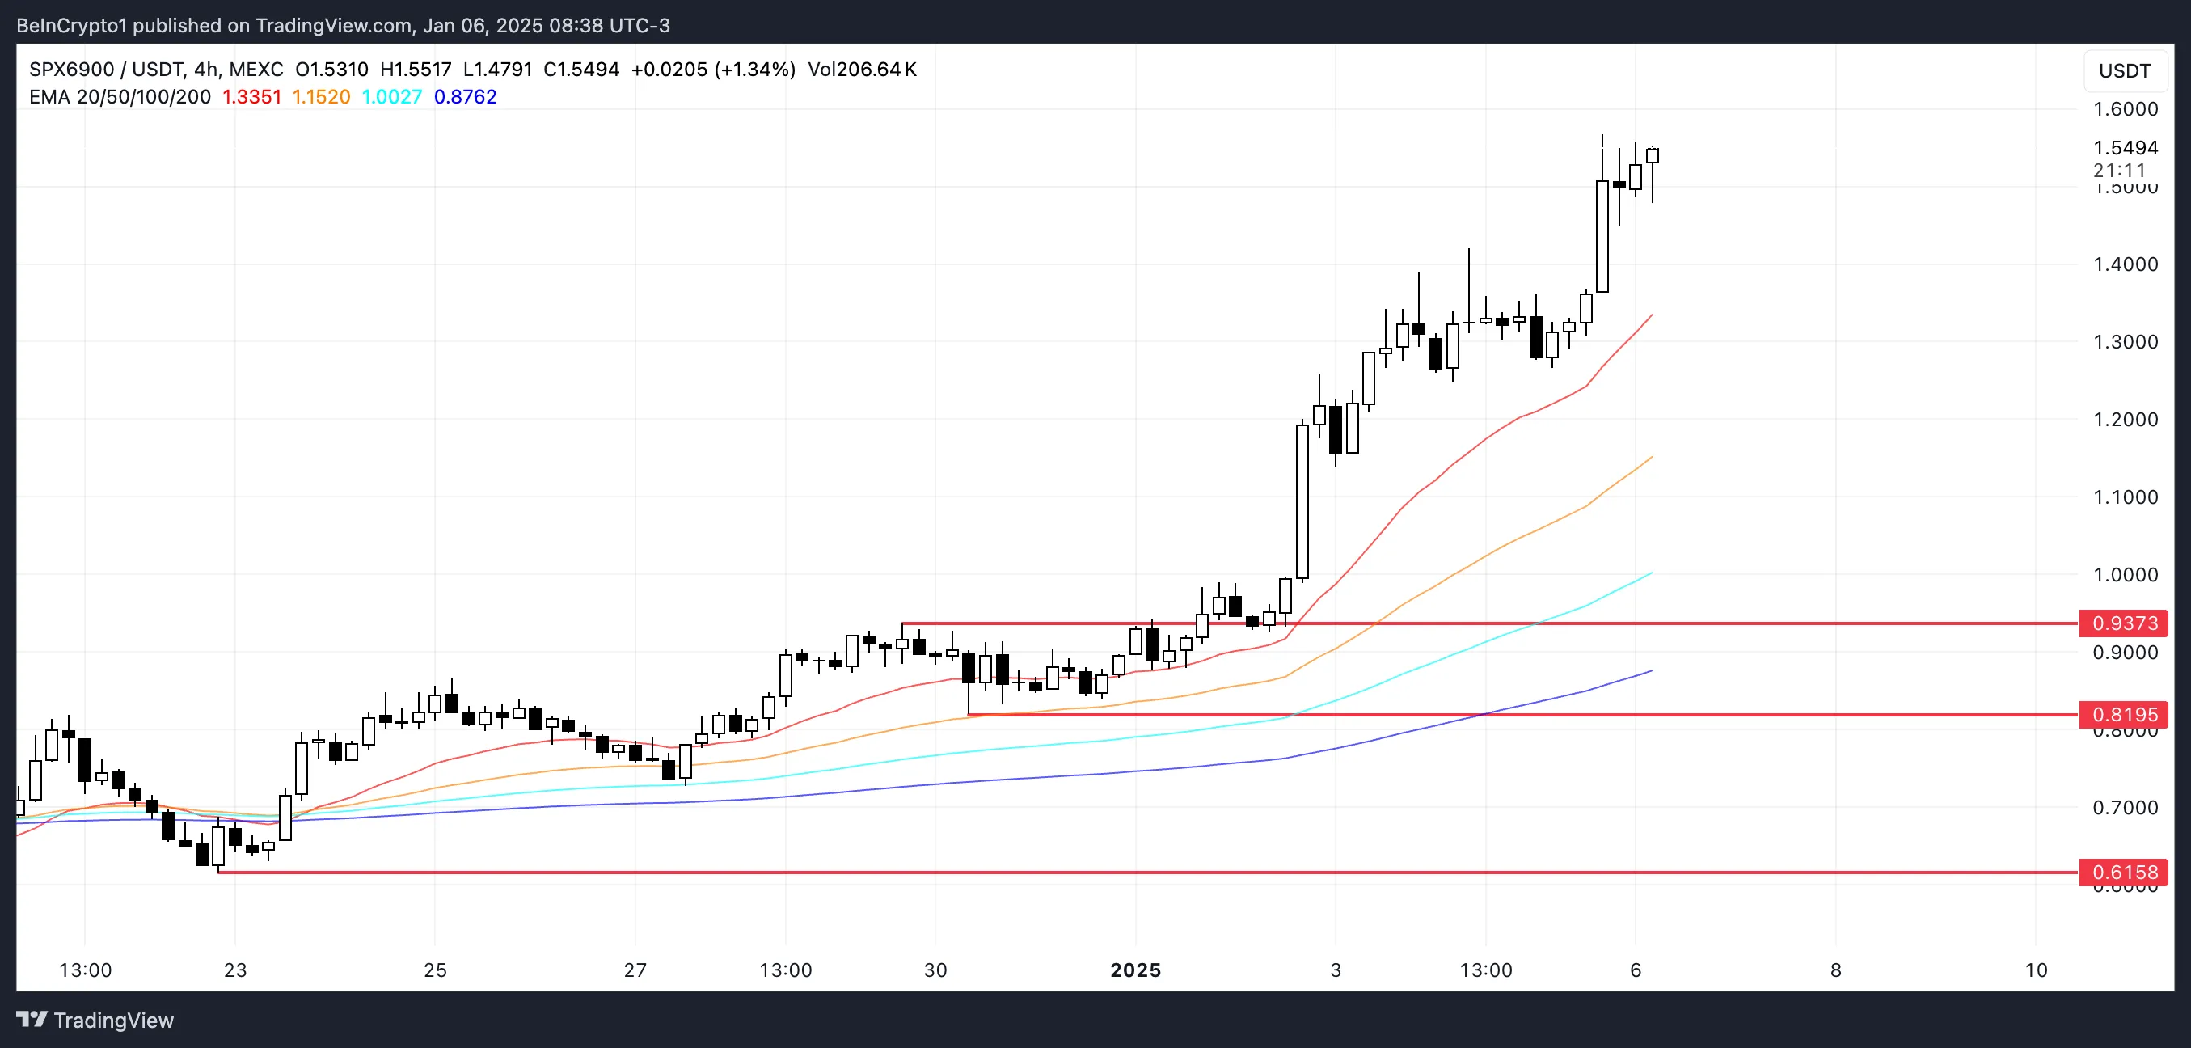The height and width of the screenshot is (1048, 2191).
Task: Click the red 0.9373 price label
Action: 2124,623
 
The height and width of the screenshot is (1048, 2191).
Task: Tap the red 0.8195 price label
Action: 2124,715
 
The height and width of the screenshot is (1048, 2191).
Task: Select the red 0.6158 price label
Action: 2124,872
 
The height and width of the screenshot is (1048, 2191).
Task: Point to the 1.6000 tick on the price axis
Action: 2125,109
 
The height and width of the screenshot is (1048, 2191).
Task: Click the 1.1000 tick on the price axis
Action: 2125,497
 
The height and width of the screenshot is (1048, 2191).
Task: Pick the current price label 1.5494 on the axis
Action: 2125,148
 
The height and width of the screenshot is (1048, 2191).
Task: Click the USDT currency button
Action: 2124,70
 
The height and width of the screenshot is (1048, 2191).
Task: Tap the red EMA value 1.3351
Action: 251,97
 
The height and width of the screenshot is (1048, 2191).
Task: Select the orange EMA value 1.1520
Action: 322,97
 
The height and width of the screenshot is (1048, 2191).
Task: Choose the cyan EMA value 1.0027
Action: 392,97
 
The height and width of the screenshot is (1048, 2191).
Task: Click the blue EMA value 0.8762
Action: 465,97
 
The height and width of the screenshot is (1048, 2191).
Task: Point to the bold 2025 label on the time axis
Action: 1135,970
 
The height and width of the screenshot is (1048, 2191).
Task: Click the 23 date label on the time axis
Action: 234,970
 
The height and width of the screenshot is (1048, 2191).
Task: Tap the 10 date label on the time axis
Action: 2035,970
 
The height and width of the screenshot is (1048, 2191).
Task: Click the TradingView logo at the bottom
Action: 95,1020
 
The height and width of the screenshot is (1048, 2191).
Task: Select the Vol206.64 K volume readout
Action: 862,70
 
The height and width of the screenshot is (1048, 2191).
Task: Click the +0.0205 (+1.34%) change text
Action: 713,70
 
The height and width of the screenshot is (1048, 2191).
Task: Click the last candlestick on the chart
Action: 1653,156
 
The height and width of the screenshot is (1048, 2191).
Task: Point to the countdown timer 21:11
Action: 2119,170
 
